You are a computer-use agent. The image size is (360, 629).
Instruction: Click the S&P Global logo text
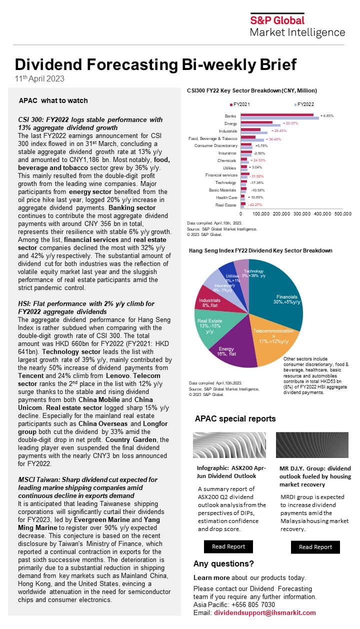coord(284,20)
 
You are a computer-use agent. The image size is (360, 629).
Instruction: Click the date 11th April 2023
coord(39,78)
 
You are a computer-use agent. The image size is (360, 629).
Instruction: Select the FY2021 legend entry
coord(240,104)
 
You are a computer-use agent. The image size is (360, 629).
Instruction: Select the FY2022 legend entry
coord(305,104)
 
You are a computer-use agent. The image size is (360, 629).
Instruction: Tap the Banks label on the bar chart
coord(230,116)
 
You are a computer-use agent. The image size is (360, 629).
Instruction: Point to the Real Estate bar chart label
coord(226,205)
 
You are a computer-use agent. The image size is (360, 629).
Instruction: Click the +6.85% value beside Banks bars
coord(326,115)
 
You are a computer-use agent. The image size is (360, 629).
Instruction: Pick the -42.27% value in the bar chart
coord(256,205)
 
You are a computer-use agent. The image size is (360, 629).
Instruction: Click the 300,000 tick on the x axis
coord(301,213)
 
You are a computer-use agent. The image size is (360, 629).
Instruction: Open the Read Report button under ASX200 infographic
coord(228,546)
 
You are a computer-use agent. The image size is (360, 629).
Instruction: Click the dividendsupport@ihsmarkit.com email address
coord(264,612)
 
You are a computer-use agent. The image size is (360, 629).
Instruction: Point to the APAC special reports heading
coord(235,418)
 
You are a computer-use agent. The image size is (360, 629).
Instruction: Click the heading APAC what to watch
coord(53,100)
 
